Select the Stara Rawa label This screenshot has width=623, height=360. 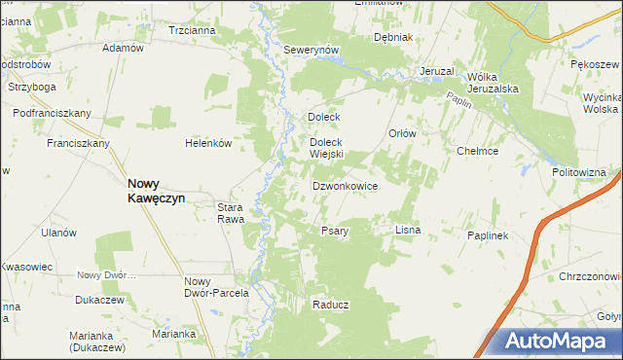click(235, 213)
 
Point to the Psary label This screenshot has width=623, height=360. click(335, 232)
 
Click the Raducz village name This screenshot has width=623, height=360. click(331, 305)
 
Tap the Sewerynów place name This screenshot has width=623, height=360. click(310, 50)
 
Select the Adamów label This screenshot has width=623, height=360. click(123, 48)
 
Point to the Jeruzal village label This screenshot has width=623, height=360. click(438, 72)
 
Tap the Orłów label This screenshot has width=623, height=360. click(402, 134)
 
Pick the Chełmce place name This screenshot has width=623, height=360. click(478, 151)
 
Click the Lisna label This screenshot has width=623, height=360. click(407, 231)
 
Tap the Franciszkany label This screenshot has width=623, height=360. click(78, 143)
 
